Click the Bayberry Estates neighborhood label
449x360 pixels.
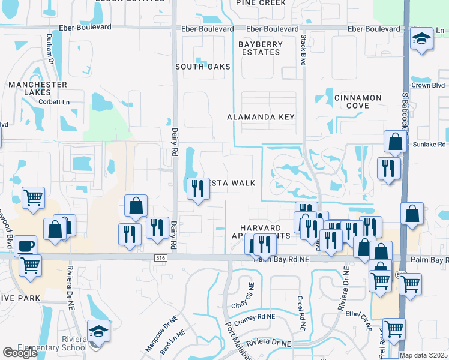pyautogui.click(x=259, y=48)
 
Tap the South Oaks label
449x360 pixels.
pyautogui.click(x=203, y=67)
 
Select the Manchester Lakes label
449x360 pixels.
pyautogui.click(x=38, y=89)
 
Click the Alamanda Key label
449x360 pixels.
pyautogui.click(x=261, y=117)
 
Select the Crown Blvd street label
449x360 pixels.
pyautogui.click(x=429, y=85)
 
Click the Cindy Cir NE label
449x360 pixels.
pyautogui.click(x=243, y=296)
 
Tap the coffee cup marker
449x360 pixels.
pyautogui.click(x=25, y=245)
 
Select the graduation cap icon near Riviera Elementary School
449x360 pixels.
pyautogui.click(x=98, y=330)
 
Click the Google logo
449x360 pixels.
pyautogui.click(x=20, y=353)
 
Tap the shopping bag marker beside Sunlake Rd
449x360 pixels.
pyautogui.click(x=396, y=142)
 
